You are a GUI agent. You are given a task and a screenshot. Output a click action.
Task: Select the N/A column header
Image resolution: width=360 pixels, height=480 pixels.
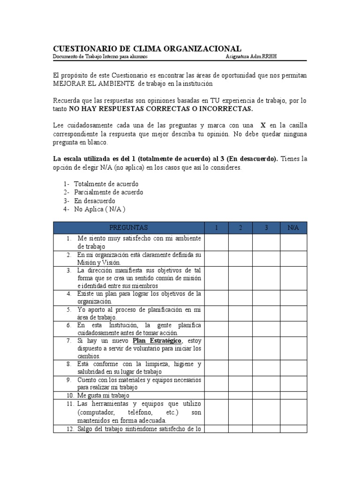coord(293,227)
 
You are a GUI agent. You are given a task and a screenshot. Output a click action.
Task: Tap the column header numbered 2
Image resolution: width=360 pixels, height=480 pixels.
coord(240,227)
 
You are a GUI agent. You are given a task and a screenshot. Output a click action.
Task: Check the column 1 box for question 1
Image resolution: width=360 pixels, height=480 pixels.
coord(217,242)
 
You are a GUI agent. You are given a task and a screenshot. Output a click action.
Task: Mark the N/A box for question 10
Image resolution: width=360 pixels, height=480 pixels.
coord(293,395)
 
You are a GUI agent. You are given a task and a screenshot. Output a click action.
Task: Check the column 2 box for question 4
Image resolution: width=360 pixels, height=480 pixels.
coord(240,298)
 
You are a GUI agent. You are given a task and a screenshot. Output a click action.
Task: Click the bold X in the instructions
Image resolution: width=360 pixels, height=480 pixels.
coord(263,126)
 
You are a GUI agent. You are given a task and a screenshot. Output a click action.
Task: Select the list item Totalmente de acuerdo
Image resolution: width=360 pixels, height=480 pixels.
coord(106,184)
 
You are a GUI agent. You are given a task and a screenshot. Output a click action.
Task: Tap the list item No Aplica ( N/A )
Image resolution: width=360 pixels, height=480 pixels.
coord(100,209)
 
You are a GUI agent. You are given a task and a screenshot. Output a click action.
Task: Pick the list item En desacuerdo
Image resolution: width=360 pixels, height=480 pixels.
coord(95,201)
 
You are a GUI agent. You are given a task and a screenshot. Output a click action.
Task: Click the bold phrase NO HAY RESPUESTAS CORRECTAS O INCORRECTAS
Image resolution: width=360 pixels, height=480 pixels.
coord(161,109)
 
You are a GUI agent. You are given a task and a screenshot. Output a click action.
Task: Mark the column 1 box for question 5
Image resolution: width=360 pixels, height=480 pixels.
coord(217,313)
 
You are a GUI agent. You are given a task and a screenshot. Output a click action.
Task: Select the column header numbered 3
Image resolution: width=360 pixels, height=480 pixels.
coord(266,227)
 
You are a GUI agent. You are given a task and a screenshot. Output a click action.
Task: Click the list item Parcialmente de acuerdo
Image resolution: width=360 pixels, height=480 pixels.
coord(109,192)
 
